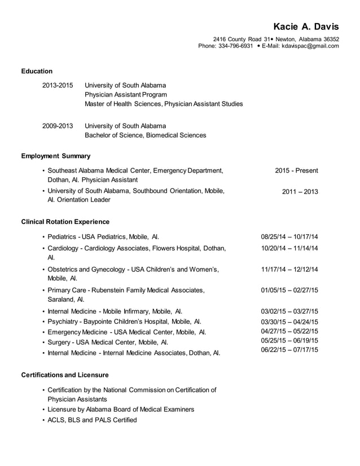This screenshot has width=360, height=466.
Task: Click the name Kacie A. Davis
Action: point(306,27)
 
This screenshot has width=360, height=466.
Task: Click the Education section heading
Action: point(37,71)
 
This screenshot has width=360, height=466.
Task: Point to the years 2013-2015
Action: point(58,86)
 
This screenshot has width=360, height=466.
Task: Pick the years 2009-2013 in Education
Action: point(58,126)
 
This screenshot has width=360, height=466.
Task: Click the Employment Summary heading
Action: point(55,156)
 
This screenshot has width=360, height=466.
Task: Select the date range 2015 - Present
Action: point(296,170)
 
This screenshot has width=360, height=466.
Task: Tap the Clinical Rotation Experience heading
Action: point(65,222)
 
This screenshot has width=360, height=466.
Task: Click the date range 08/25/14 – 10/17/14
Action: point(289,236)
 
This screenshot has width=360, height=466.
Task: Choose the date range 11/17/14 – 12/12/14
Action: point(289,269)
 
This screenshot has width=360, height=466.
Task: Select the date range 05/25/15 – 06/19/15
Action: point(289,341)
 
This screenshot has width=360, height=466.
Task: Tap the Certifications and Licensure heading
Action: point(64,375)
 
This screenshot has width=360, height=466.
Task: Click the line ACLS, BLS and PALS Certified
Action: point(92,420)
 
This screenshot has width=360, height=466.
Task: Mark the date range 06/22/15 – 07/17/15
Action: point(289,350)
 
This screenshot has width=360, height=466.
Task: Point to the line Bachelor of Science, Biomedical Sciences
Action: point(145,135)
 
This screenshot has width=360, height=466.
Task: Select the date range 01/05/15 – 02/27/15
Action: point(289,290)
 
